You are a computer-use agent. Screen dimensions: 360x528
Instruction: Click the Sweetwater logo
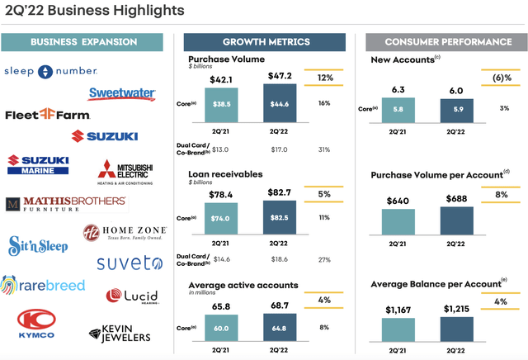pos(122,93)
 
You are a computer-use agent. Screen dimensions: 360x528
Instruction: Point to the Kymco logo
pos(32,324)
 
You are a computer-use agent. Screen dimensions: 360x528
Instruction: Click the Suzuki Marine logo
pos(39,164)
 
